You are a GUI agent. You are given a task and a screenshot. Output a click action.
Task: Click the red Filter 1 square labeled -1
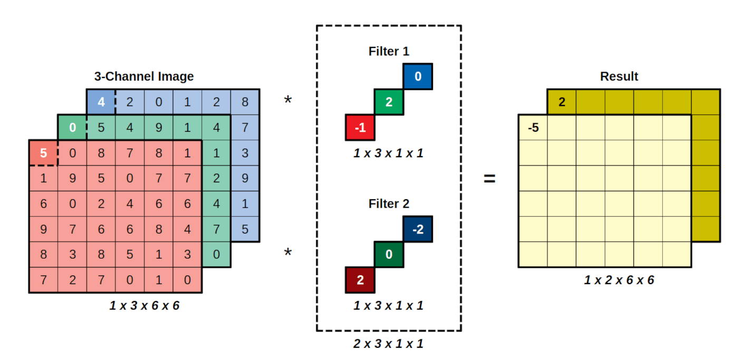coord(360,128)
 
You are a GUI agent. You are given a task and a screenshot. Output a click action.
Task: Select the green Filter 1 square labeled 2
coord(389,102)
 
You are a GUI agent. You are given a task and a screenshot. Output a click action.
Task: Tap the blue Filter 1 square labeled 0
coord(418,77)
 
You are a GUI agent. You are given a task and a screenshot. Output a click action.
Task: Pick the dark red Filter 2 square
coord(360,280)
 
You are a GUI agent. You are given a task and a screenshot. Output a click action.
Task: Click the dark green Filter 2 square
coord(389,255)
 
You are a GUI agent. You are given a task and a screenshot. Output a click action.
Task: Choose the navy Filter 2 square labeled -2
coord(418,229)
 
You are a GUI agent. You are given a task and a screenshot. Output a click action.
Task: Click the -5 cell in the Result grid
coord(533,128)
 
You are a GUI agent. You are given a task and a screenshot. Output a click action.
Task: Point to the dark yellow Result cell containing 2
coord(562,102)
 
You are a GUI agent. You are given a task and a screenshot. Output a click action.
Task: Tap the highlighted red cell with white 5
coord(43,153)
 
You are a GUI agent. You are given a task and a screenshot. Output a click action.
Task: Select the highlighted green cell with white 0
coord(72,128)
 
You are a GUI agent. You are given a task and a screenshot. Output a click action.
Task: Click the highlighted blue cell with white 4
coord(101,102)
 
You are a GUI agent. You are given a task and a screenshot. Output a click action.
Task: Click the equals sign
coord(490,179)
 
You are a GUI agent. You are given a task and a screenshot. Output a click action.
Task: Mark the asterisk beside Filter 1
coord(288,100)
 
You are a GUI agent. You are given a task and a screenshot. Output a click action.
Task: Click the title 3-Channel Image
coord(144,76)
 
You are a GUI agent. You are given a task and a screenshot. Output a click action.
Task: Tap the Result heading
coord(619,76)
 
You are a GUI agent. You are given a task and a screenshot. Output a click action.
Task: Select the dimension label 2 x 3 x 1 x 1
coord(389,344)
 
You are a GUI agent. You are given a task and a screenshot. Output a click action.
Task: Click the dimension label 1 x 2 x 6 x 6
coord(619,280)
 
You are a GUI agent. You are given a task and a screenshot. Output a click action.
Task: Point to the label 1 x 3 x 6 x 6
coord(144,306)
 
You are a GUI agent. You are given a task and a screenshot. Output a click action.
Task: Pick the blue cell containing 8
coord(245,102)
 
